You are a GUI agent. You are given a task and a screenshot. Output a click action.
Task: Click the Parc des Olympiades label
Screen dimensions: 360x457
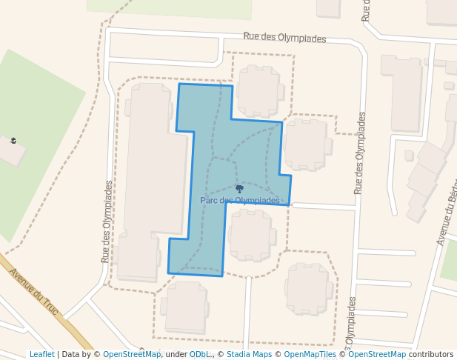pos(240,200)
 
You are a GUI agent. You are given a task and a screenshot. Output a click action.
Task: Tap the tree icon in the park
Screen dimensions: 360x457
pos(239,190)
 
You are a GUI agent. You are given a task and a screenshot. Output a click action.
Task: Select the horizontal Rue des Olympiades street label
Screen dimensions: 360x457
pos(284,38)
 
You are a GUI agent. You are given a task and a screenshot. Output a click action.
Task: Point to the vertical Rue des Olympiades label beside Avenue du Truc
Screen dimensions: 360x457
pos(107,222)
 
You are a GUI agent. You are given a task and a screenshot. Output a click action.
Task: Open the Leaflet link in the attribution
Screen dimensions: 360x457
pos(41,354)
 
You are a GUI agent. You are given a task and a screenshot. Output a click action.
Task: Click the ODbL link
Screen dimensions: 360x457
pos(199,354)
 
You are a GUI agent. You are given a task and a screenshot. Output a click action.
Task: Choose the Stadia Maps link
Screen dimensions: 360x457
pos(249,354)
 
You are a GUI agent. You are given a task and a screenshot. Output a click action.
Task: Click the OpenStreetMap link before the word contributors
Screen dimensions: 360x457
pos(377,354)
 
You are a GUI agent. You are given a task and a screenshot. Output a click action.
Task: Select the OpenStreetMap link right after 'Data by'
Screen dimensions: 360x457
pos(132,354)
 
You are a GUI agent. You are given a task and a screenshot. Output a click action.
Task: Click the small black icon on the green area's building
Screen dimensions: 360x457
pos(13,140)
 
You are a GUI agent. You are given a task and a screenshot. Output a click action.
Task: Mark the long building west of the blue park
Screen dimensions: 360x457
pos(152,178)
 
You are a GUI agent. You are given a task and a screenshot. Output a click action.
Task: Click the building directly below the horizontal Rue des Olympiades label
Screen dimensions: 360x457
pos(258,91)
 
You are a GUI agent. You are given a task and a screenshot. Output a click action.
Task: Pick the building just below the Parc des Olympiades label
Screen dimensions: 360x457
pos(250,235)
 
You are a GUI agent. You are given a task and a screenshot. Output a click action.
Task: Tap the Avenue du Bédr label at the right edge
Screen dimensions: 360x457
pos(446,214)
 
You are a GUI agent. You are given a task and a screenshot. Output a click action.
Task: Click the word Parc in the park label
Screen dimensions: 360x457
pos(207,200)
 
